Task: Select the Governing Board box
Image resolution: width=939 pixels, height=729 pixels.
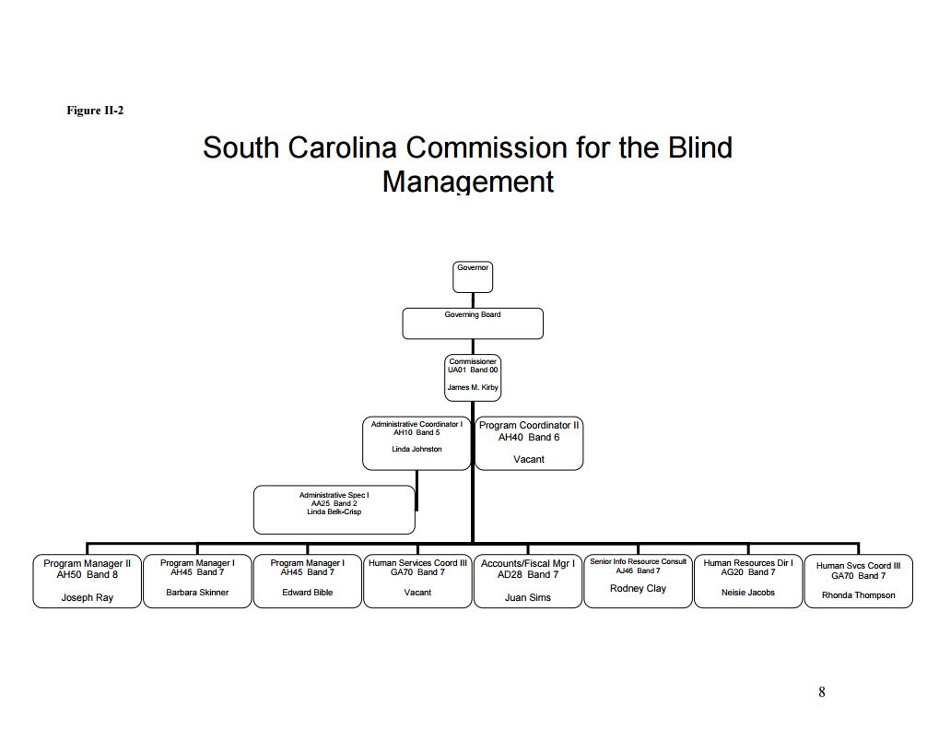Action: click(x=473, y=323)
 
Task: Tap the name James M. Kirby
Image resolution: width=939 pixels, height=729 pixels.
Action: click(x=473, y=387)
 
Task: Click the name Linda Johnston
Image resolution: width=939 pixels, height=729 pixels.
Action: click(x=417, y=449)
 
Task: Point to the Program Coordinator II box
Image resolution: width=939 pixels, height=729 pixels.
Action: click(x=529, y=442)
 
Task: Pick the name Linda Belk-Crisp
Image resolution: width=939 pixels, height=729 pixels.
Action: click(x=334, y=511)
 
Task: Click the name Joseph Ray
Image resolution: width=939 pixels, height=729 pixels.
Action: click(x=88, y=598)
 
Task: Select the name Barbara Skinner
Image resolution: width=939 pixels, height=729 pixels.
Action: click(x=197, y=593)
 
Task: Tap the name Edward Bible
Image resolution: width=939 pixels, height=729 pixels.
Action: click(x=308, y=593)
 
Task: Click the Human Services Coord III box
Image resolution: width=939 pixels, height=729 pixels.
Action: click(x=417, y=581)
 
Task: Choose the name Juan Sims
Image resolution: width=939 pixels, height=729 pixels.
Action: click(x=528, y=598)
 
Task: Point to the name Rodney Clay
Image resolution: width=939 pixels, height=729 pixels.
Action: click(x=638, y=588)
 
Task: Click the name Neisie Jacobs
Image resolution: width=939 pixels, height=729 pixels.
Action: click(x=747, y=593)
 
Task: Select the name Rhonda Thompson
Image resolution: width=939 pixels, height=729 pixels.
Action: click(x=858, y=595)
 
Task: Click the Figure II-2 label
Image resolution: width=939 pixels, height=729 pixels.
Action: click(x=95, y=111)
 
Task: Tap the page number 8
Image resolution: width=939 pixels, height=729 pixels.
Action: click(x=821, y=692)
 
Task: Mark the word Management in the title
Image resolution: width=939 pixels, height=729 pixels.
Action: click(x=468, y=181)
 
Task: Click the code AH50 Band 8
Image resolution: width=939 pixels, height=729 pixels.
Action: click(x=88, y=574)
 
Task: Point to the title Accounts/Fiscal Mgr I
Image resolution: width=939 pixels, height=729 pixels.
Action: click(x=528, y=563)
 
